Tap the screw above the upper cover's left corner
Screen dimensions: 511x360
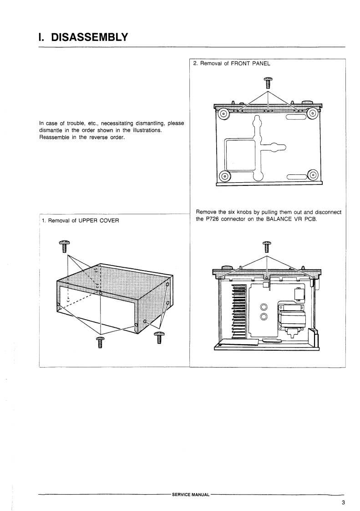pos(65,246)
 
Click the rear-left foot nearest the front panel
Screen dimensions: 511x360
pos(224,114)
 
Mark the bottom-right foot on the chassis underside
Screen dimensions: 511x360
pos(313,174)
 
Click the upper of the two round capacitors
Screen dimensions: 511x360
pos(263,307)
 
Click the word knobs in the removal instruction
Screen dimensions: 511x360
pos(245,212)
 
